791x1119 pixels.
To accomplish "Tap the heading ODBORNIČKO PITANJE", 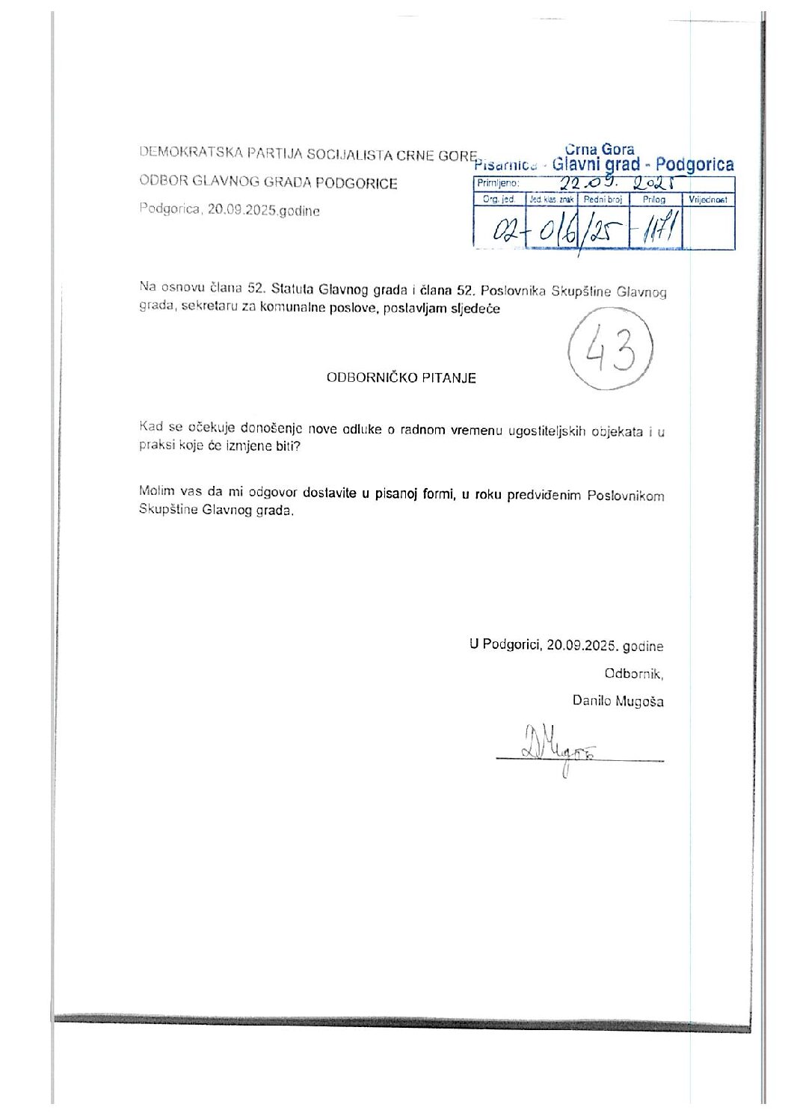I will tap(401, 377).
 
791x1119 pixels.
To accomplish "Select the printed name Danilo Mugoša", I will tap(618, 701).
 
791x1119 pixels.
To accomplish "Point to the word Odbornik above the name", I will tap(633, 673).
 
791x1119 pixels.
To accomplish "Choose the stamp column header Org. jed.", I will tap(499, 200).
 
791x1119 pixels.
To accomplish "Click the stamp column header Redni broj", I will tap(603, 200).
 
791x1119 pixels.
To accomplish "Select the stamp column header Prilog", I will tap(653, 200).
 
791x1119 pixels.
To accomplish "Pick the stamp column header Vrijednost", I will tap(707, 200).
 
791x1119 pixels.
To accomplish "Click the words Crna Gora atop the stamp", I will tap(600, 149).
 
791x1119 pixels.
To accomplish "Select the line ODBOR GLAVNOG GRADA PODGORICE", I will tap(268, 182).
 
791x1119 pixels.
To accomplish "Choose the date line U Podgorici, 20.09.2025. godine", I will tap(566, 646).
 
